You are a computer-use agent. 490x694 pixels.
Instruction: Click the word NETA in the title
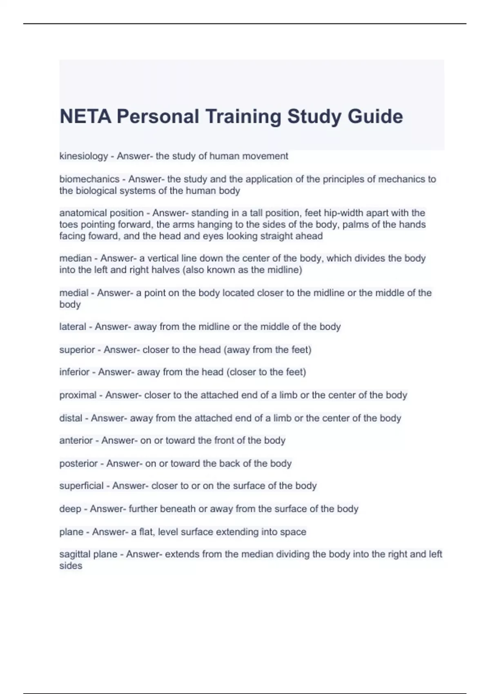(x=85, y=117)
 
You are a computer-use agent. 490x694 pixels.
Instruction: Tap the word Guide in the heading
(x=375, y=117)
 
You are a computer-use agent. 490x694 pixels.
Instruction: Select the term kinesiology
(x=84, y=156)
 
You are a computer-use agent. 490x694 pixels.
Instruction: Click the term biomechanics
(x=89, y=179)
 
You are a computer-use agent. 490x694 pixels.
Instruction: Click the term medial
(x=74, y=293)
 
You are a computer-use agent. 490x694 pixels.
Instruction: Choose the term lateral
(x=73, y=327)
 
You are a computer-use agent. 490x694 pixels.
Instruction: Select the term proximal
(x=78, y=395)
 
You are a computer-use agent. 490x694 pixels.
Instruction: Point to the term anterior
(x=76, y=441)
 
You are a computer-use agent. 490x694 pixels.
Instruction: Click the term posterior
(x=78, y=464)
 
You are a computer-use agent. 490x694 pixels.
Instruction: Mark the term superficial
(x=81, y=486)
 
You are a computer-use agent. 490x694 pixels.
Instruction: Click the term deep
(x=70, y=509)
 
